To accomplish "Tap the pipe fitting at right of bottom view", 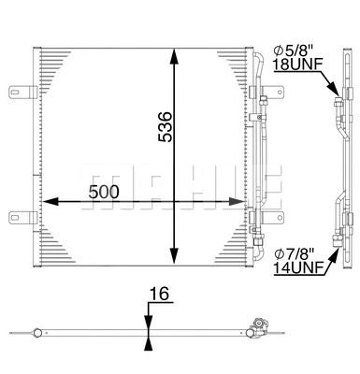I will click(254, 327).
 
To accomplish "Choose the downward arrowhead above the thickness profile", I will click(148, 322).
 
